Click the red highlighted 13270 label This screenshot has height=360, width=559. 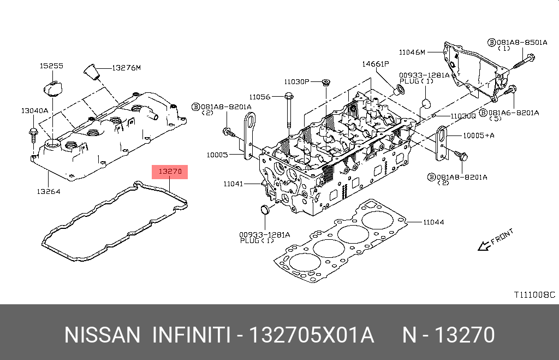[x=170, y=172]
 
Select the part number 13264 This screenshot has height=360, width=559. [x=49, y=191]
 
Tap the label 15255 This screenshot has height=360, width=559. [x=51, y=66]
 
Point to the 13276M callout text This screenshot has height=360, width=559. [x=126, y=68]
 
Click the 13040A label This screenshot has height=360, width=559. [x=34, y=110]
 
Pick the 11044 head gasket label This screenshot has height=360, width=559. [x=433, y=222]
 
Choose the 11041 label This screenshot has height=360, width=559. [x=233, y=184]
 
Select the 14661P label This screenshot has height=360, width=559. [x=375, y=64]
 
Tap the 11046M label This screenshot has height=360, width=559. [x=412, y=52]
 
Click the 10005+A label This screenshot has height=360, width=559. [x=478, y=135]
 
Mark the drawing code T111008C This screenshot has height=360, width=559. [x=533, y=294]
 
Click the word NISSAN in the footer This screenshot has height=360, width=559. [x=102, y=335]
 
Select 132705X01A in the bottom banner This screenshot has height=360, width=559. [x=311, y=335]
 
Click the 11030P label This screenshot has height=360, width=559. [x=296, y=81]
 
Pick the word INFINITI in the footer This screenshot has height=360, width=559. [x=190, y=335]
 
